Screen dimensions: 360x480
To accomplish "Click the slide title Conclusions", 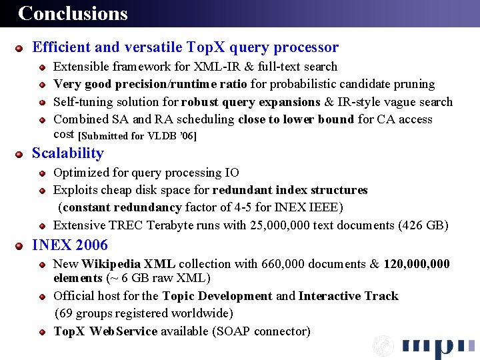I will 73,13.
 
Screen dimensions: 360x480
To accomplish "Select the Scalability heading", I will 68,153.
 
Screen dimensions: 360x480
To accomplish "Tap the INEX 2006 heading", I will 70,245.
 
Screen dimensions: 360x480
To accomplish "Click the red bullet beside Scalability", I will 21,154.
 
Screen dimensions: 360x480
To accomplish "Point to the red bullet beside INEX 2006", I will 21,246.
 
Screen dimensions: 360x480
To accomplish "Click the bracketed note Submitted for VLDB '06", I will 137,136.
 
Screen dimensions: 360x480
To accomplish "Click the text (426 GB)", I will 423,225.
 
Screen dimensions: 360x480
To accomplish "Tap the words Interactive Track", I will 349,296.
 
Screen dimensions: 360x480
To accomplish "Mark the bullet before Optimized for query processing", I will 42,173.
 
